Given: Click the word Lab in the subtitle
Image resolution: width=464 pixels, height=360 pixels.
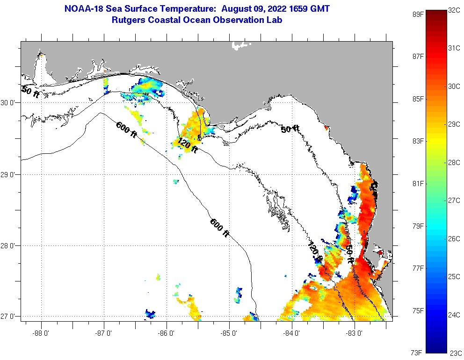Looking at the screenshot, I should click(275, 20).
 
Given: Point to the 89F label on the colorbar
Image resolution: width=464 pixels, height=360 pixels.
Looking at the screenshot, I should click(418, 14).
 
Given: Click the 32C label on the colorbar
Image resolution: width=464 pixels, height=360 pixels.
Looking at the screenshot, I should click(454, 10).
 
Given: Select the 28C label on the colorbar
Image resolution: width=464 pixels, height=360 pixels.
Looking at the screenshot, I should click(454, 162).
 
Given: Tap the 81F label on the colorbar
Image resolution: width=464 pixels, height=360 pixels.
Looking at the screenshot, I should click(418, 183).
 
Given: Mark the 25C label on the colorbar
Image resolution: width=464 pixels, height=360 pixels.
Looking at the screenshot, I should click(454, 276).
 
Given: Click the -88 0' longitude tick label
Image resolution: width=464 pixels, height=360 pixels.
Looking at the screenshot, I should click(41, 333).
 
